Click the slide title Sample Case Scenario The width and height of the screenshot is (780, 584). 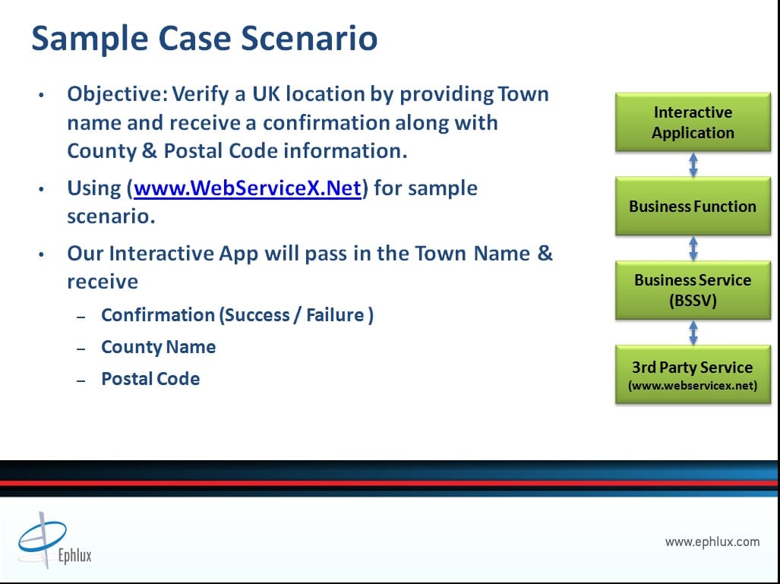pos(204,39)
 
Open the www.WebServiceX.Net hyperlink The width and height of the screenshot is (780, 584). pos(248,188)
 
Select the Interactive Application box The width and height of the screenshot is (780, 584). pos(693,122)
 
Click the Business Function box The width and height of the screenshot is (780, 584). pos(693,206)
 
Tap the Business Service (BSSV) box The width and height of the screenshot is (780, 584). pos(693,290)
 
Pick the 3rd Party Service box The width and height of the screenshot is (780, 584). pos(693,374)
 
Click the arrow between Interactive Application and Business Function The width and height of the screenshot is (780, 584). pos(693,164)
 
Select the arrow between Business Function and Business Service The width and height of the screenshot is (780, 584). pos(693,248)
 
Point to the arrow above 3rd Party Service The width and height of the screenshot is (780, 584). pos(693,333)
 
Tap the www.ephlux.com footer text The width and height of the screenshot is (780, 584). pos(712,541)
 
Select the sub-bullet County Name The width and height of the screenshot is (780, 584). pos(158,347)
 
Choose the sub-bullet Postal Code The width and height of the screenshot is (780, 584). pos(150,378)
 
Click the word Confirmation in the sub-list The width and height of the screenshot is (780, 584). pos(158,315)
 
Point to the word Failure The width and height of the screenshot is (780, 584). pos(335,315)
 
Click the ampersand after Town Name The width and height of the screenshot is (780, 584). pos(545,253)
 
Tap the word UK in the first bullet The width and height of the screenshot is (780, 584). pos(266,94)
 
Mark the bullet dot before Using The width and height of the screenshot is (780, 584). pos(41,189)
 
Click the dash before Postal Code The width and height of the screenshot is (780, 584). pos(81,380)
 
